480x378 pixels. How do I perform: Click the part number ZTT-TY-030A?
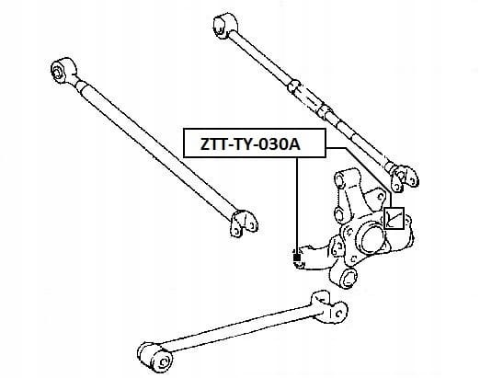[x=250, y=144]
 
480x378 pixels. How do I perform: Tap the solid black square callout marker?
[x=297, y=258]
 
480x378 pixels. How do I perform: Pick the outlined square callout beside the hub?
[x=394, y=218]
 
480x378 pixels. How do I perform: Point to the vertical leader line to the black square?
[x=297, y=206]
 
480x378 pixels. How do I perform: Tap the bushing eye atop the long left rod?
[x=63, y=70]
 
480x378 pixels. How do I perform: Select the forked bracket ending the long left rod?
[x=244, y=223]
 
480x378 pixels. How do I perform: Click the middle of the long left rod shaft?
[x=154, y=149]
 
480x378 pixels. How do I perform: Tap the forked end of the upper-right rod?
[x=402, y=178]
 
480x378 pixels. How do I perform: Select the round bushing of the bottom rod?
[x=155, y=357]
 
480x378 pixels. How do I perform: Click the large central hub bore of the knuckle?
[x=372, y=240]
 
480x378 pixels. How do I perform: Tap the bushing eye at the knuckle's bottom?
[x=347, y=278]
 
